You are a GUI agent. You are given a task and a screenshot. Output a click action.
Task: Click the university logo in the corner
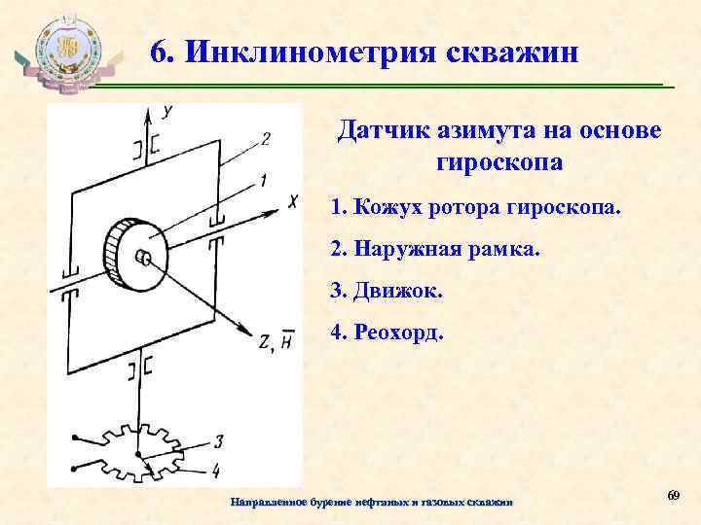tap(65, 53)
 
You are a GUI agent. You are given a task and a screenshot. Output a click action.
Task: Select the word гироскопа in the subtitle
tap(494, 161)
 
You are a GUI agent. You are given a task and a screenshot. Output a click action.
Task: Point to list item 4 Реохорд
tap(387, 332)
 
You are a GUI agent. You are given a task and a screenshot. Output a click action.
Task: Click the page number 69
tap(672, 497)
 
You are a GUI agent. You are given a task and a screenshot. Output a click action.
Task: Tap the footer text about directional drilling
tap(371, 502)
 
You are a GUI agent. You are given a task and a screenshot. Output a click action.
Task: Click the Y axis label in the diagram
tap(168, 112)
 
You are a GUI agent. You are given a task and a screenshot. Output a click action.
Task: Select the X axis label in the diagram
tap(292, 200)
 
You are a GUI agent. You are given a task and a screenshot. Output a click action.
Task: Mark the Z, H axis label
tap(276, 341)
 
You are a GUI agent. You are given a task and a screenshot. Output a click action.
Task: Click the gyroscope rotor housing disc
tap(134, 256)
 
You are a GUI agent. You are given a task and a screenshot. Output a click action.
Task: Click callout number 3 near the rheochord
tap(218, 441)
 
